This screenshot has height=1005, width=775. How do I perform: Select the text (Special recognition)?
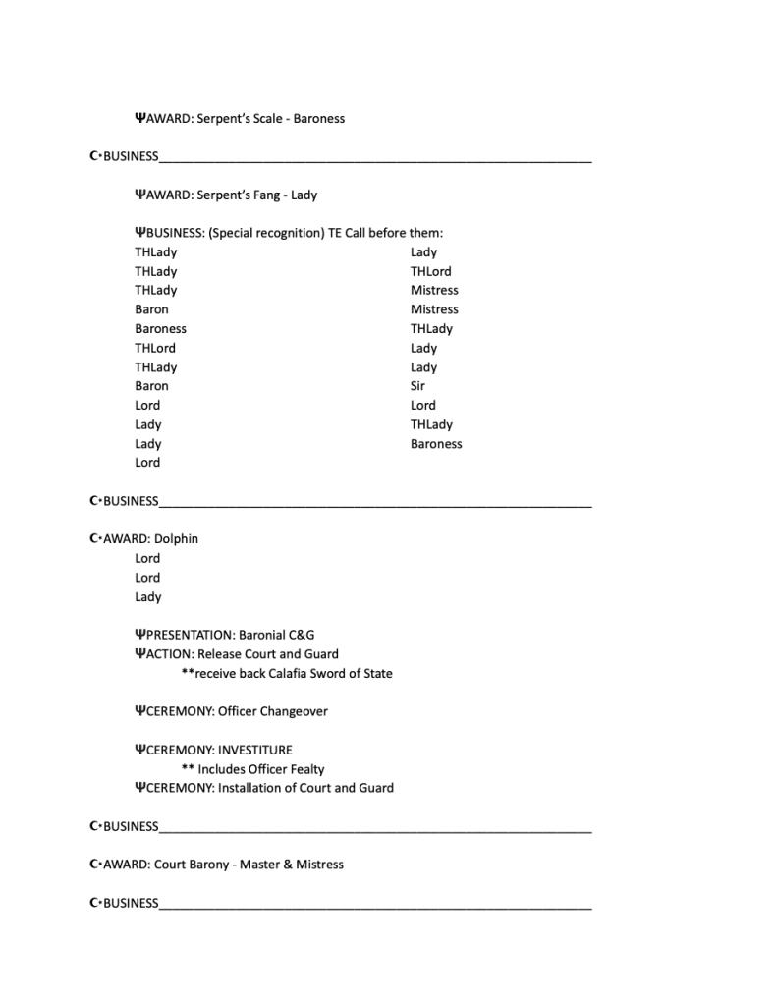(266, 234)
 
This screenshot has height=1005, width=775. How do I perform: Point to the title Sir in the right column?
(417, 386)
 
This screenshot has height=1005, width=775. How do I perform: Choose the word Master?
(260, 865)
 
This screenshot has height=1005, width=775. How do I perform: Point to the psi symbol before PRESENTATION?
(139, 635)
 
